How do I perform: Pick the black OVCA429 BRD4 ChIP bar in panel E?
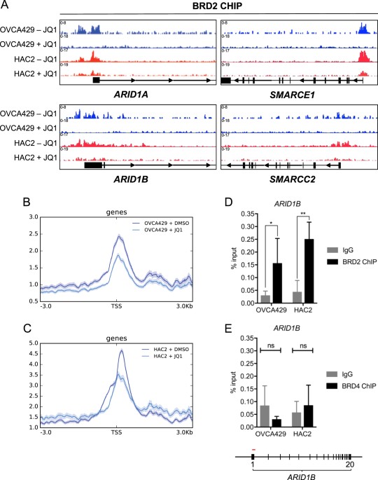click(x=278, y=423)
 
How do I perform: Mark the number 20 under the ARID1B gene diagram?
click(x=348, y=464)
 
